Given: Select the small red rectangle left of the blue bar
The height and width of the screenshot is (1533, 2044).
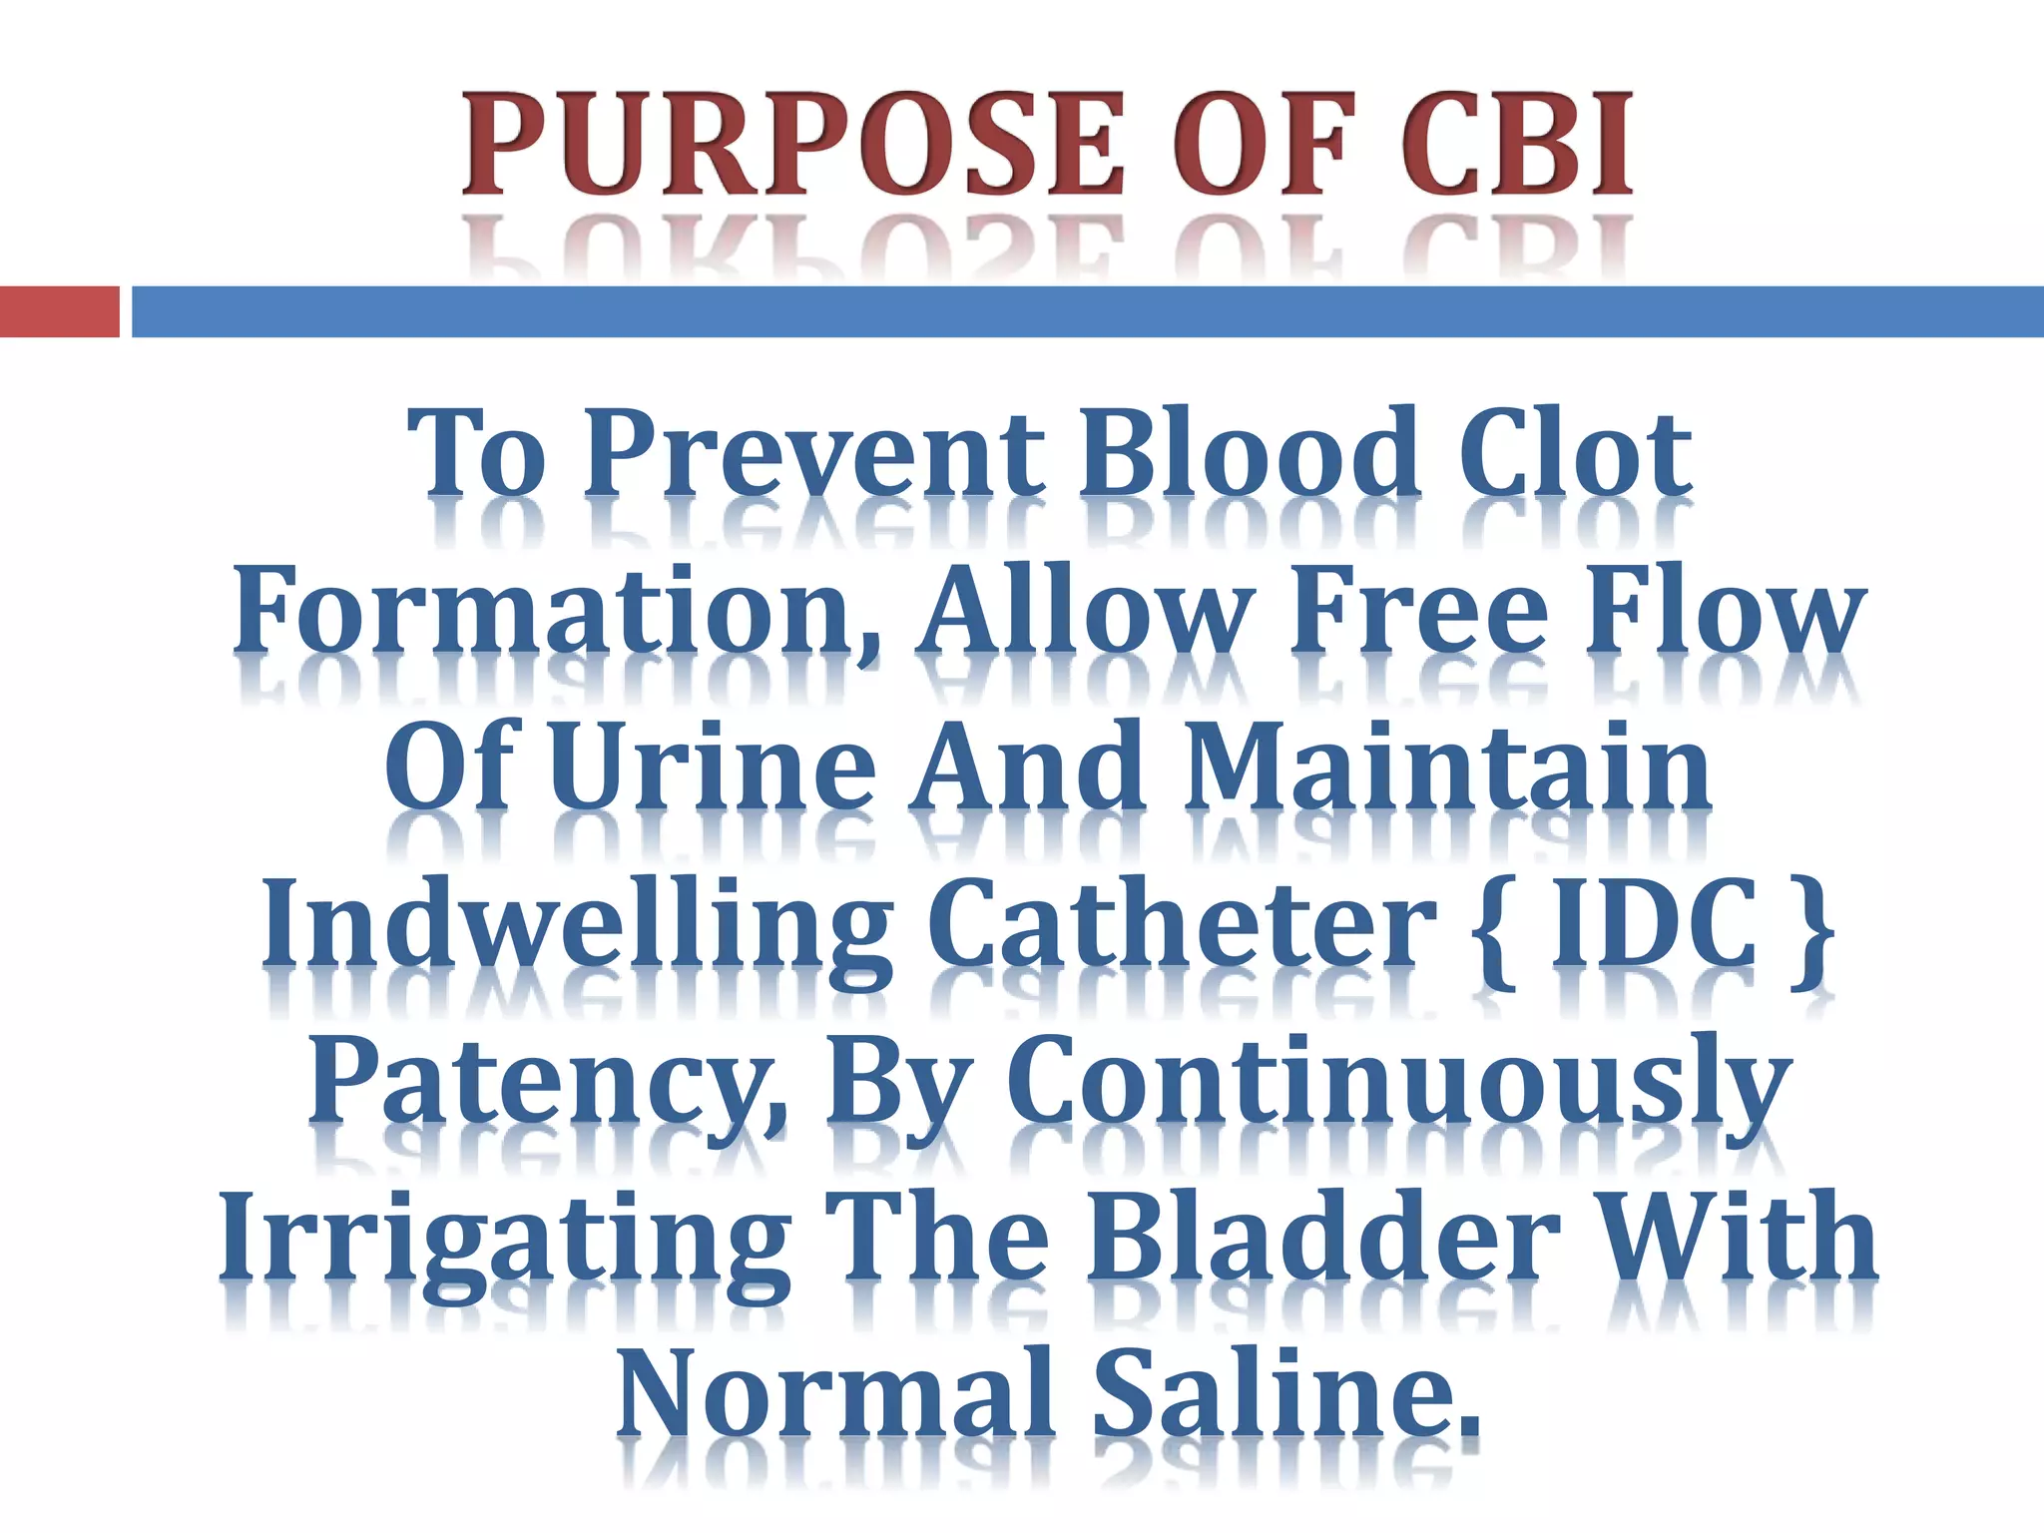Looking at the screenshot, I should click(x=59, y=311).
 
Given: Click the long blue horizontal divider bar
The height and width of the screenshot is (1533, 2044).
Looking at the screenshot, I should click(x=1087, y=311).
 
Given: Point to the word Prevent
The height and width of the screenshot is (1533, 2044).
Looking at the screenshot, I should click(x=814, y=454).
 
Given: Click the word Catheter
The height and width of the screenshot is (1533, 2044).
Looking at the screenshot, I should click(x=1182, y=923).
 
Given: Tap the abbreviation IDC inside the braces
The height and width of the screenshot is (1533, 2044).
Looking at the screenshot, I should click(x=1653, y=923).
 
